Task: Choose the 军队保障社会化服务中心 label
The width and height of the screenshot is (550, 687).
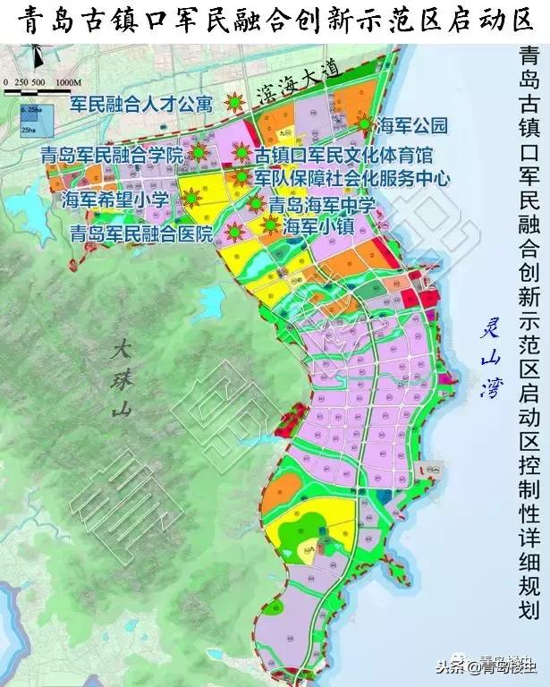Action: pos(351,178)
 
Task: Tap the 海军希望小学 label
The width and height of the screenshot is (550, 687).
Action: pos(115,200)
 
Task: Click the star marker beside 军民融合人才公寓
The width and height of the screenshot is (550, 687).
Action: pos(235,101)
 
